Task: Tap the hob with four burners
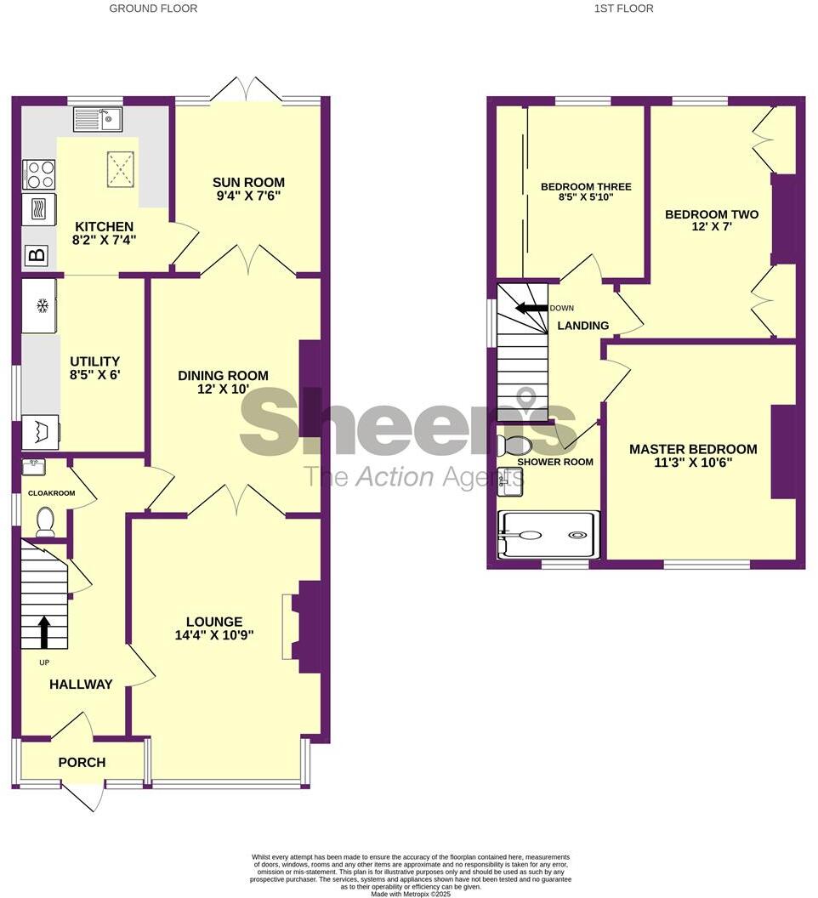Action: coord(39,173)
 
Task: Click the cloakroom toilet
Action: coord(45,521)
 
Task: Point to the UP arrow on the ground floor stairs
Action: coord(44,633)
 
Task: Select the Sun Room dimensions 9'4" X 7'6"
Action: coord(248,196)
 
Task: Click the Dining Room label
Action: coord(223,375)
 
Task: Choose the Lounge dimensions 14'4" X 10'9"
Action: coord(213,634)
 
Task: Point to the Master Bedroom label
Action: coord(693,449)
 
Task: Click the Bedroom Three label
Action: coord(586,186)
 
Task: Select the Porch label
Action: coord(82,762)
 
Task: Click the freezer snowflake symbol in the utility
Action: coord(41,304)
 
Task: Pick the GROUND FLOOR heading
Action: coord(154,9)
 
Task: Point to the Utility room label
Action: coord(95,361)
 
